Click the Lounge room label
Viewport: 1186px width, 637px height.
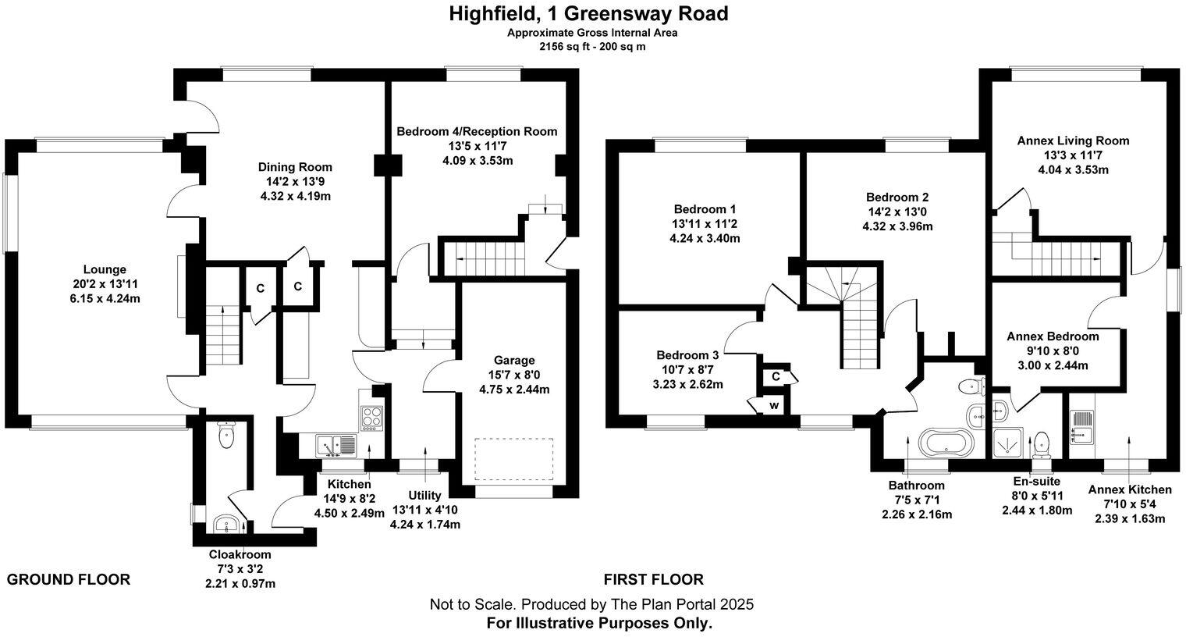(x=105, y=270)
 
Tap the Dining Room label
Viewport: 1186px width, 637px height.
(x=295, y=167)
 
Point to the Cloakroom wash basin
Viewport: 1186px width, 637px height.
(x=227, y=524)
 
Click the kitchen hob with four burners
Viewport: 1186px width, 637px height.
(x=372, y=418)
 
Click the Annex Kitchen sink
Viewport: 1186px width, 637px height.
(x=1082, y=427)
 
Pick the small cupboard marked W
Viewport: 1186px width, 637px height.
(x=774, y=405)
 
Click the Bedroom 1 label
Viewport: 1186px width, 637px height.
(x=705, y=209)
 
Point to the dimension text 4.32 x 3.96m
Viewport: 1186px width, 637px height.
(x=899, y=227)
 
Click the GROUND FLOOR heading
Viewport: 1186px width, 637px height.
(x=69, y=579)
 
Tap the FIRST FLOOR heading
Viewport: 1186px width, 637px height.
(x=653, y=579)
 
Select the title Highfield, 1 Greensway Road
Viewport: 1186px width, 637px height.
(x=588, y=13)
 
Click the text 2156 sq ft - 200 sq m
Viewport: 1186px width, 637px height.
(x=592, y=46)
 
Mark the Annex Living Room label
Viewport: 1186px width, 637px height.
(x=1073, y=141)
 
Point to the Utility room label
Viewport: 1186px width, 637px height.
(x=424, y=496)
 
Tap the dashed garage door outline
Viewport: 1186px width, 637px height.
(x=514, y=461)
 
